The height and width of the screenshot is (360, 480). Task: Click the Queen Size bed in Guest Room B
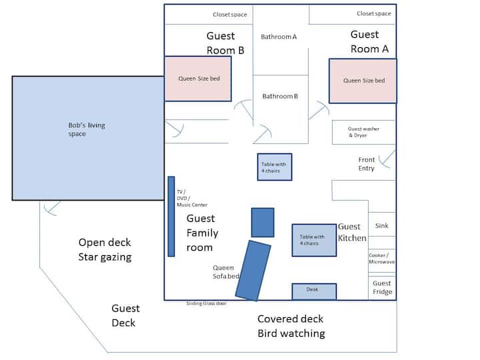coord(198,79)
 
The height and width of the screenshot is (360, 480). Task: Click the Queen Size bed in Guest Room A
coord(363,81)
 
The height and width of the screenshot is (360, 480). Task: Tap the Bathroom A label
coord(279,37)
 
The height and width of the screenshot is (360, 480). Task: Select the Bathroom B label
coord(280,97)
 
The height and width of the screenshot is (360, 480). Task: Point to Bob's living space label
coord(87,129)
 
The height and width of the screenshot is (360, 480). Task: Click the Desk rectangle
coord(314,291)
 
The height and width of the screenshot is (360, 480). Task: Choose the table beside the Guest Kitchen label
coord(314,240)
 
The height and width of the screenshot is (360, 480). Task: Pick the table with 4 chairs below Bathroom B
coord(275,167)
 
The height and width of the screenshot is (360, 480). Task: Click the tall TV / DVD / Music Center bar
coord(171,216)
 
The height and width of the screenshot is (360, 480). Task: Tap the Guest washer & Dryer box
coord(364,132)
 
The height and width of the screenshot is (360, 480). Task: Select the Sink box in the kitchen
coord(382,226)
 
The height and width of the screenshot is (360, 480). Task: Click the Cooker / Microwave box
coord(382,258)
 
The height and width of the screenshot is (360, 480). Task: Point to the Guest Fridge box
coord(382,287)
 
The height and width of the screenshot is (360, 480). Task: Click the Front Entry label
coord(367,164)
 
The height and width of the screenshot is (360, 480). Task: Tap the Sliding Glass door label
coord(206,303)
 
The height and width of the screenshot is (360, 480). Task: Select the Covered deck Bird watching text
coord(291,326)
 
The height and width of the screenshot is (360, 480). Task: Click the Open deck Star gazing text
coord(105,249)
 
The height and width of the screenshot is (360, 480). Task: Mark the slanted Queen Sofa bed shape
coord(253,270)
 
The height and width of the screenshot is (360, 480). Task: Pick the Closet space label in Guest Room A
coord(374,14)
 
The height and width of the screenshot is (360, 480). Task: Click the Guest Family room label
coord(201,233)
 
